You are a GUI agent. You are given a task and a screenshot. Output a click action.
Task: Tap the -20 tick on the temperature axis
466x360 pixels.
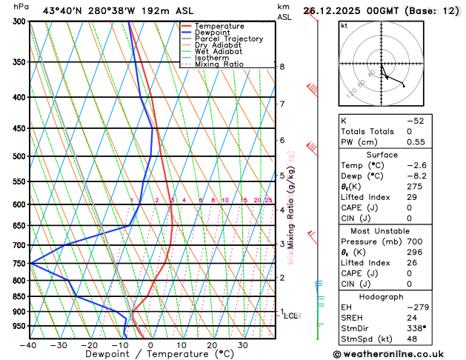click(89, 344)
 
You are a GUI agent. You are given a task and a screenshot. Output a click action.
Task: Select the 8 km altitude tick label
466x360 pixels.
click(282, 67)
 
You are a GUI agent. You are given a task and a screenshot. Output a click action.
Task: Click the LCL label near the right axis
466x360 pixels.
click(291, 316)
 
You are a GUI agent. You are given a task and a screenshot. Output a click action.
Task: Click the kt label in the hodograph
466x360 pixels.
click(344, 25)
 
